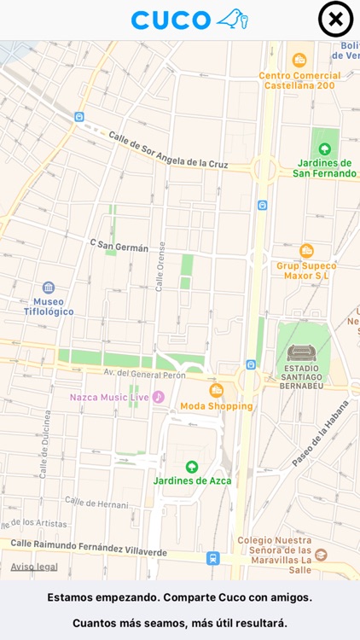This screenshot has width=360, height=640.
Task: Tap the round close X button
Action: (x=335, y=20)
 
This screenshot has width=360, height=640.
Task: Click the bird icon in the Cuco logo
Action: (x=231, y=19)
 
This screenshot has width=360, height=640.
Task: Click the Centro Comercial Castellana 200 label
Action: (x=299, y=80)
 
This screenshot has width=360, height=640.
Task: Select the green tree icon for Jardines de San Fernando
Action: (x=324, y=148)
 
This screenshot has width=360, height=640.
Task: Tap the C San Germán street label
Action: (x=119, y=246)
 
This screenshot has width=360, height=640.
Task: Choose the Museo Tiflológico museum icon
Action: (x=49, y=288)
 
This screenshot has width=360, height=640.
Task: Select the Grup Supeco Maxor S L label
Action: (x=306, y=271)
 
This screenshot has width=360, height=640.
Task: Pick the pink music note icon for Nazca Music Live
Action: (x=159, y=397)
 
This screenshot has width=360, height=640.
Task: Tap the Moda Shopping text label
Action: (x=216, y=406)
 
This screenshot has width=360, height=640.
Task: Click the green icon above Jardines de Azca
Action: (x=192, y=466)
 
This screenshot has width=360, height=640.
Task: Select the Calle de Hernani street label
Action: (x=96, y=503)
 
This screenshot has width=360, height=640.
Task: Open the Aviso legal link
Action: (x=34, y=567)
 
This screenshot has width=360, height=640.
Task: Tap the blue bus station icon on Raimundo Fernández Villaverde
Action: (x=212, y=558)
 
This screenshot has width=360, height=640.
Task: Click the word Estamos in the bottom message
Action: (x=71, y=597)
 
